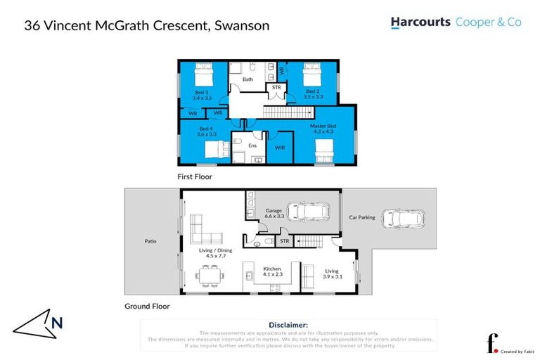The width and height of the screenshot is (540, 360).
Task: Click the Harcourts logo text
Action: [420, 22]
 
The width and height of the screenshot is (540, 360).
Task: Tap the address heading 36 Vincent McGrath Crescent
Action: [146, 26]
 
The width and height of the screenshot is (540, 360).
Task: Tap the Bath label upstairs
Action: [247, 79]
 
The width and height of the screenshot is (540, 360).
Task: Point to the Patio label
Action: [150, 242]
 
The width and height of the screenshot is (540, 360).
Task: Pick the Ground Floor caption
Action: [147, 307]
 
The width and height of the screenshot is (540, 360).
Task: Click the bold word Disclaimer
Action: [289, 325]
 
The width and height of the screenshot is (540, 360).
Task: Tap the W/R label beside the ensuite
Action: [279, 148]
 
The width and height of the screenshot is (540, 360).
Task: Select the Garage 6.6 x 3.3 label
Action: [274, 214]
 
